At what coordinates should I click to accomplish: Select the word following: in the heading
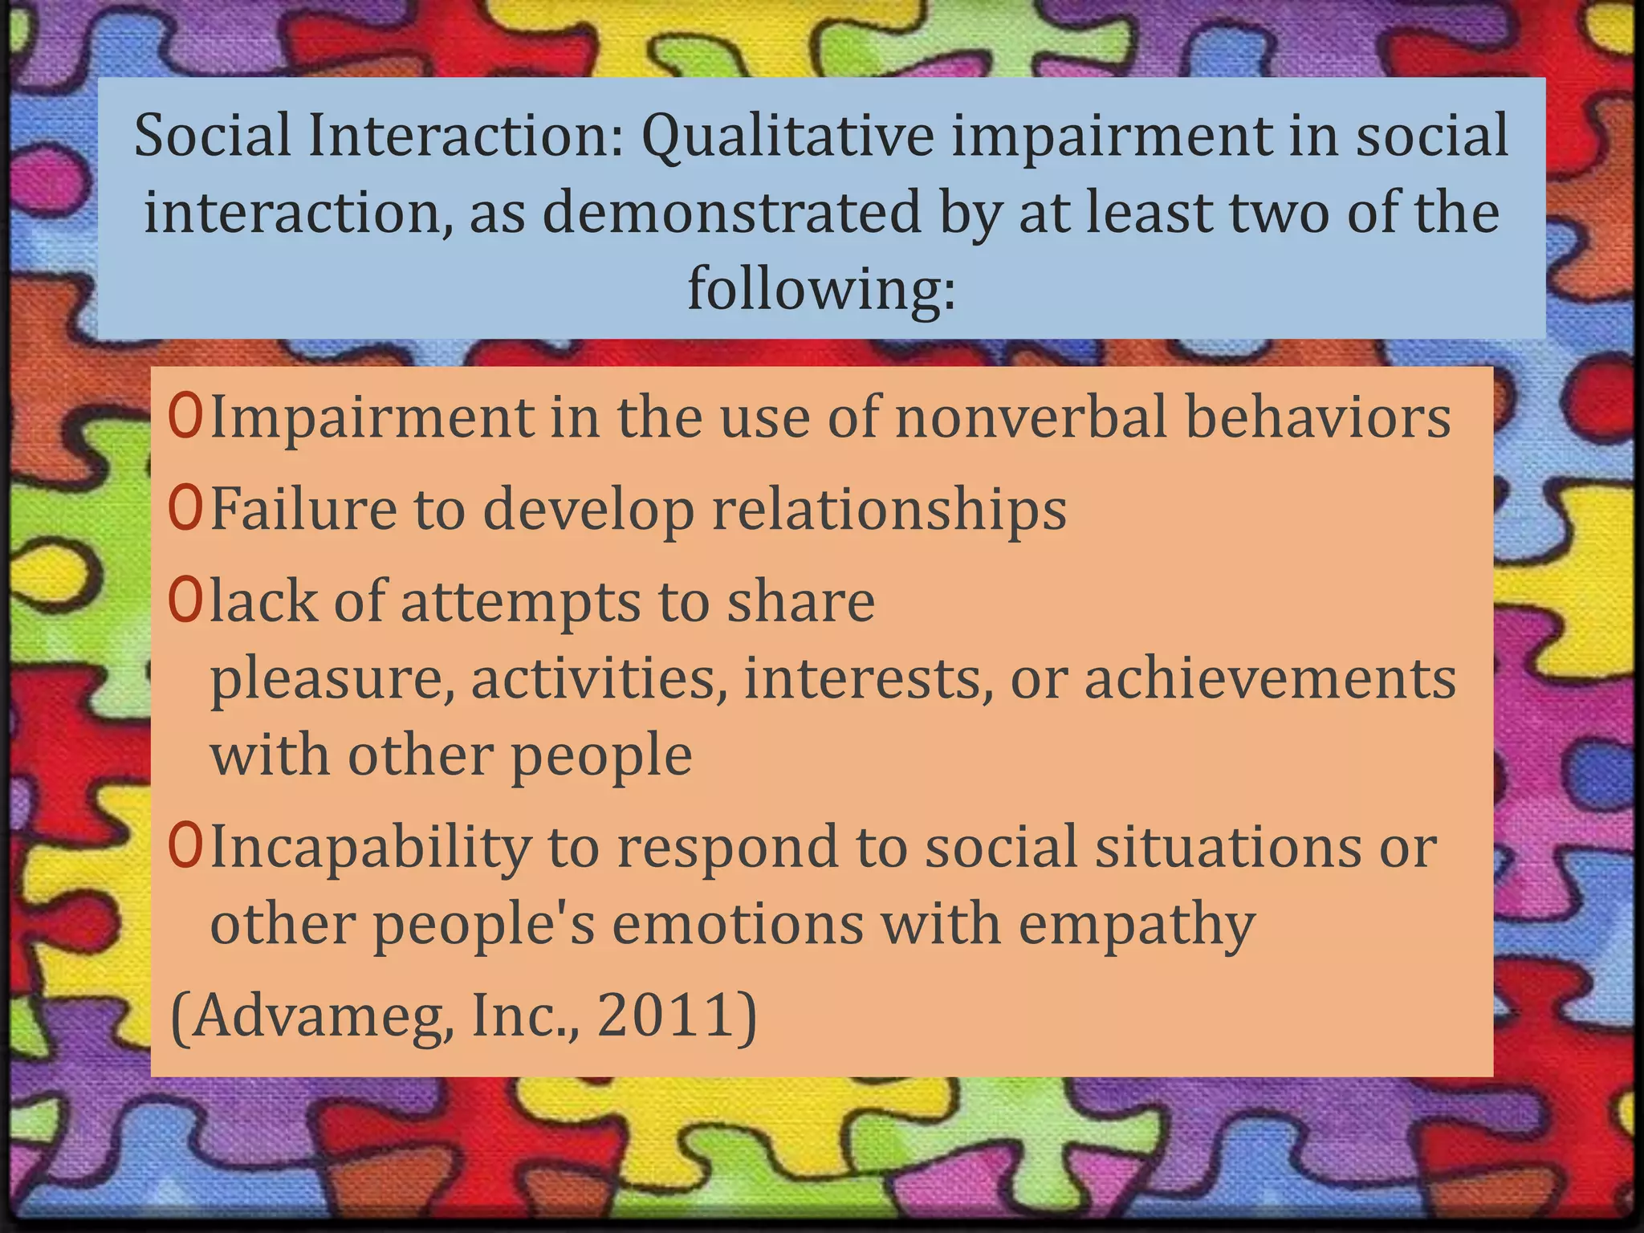coord(821,289)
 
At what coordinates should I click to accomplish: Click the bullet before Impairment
coord(185,418)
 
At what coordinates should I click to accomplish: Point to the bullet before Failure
coord(185,511)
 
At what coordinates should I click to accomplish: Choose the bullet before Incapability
coord(185,848)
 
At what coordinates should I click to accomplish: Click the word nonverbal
coord(1030,418)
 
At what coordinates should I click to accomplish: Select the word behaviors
coord(1318,418)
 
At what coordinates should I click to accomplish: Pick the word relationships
coord(889,511)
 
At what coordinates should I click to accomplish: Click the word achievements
coord(1270,679)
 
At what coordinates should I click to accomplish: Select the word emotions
coord(738,924)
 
